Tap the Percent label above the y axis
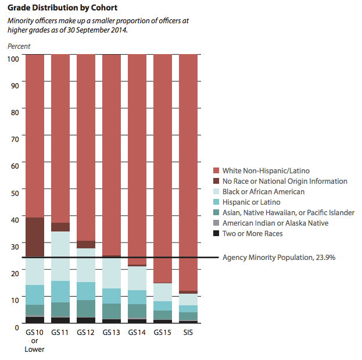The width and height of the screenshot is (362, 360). pyautogui.click(x=19, y=46)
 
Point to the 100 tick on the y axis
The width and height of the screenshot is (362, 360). pyautogui.click(x=13, y=59)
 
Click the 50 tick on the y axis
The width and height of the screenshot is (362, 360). pyautogui.click(x=15, y=193)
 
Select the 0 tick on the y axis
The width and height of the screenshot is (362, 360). pyautogui.click(x=17, y=326)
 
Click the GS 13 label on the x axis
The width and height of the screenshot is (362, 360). pyautogui.click(x=111, y=333)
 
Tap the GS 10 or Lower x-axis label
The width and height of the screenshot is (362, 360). pyautogui.click(x=35, y=341)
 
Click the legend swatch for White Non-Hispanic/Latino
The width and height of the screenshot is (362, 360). pyautogui.click(x=217, y=171)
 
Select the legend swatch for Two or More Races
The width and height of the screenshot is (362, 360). pyautogui.click(x=217, y=234)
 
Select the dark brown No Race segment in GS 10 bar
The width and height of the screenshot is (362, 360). pyautogui.click(x=35, y=237)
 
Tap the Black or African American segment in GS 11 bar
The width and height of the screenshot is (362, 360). pyautogui.click(x=60, y=256)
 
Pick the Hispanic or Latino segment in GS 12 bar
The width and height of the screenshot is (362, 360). pyautogui.click(x=86, y=291)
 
